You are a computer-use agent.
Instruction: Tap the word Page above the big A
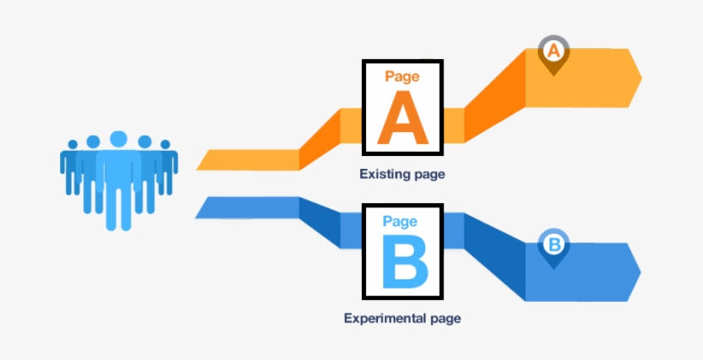click(x=402, y=76)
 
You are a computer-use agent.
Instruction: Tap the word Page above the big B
click(x=400, y=221)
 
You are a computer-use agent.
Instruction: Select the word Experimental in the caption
click(x=383, y=319)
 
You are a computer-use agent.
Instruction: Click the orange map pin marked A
click(x=554, y=54)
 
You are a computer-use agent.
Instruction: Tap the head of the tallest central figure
click(x=119, y=138)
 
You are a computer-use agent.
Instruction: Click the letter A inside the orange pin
click(x=554, y=51)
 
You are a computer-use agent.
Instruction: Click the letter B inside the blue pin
click(x=554, y=245)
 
